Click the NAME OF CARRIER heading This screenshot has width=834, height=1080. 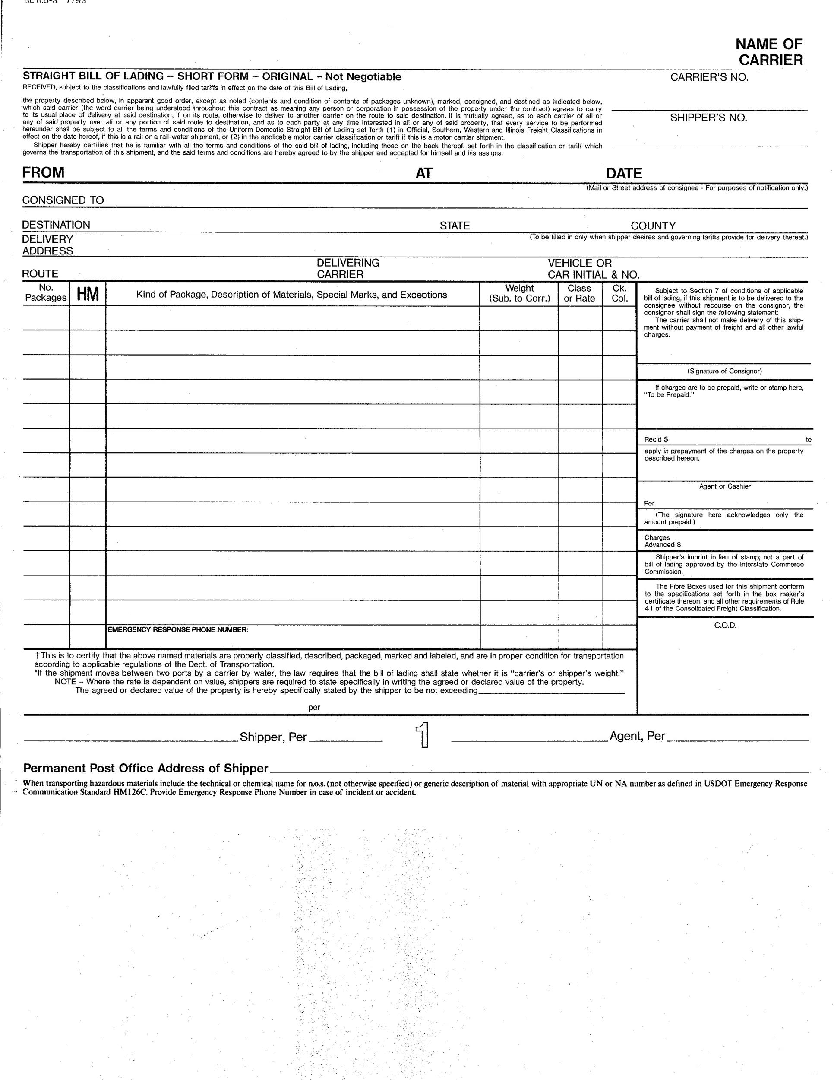pos(769,52)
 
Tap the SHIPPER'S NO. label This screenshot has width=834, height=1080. pos(708,118)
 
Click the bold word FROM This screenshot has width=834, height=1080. pos(44,172)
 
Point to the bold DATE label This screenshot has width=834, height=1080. pos(624,174)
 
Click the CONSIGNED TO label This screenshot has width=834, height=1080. pos(63,200)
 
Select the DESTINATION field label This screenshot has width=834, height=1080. pos(56,225)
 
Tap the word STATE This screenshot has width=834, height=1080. pos(455,226)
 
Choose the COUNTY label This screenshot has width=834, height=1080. pos(653,226)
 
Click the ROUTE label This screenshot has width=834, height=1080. pos(40,274)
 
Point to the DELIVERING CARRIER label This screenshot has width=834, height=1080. pos(348,269)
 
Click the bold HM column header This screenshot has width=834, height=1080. pos(88,295)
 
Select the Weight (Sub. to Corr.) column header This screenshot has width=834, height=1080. pos(519,293)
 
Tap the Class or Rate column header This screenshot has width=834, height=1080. pos(580,293)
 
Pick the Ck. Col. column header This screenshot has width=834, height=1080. pos(619,293)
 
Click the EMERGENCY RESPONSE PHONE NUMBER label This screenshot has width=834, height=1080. pos(178,630)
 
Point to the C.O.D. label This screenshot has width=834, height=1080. pos(725,626)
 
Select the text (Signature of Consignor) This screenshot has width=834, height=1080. pos(724,372)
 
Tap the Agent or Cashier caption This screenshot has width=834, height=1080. pos(724,486)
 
